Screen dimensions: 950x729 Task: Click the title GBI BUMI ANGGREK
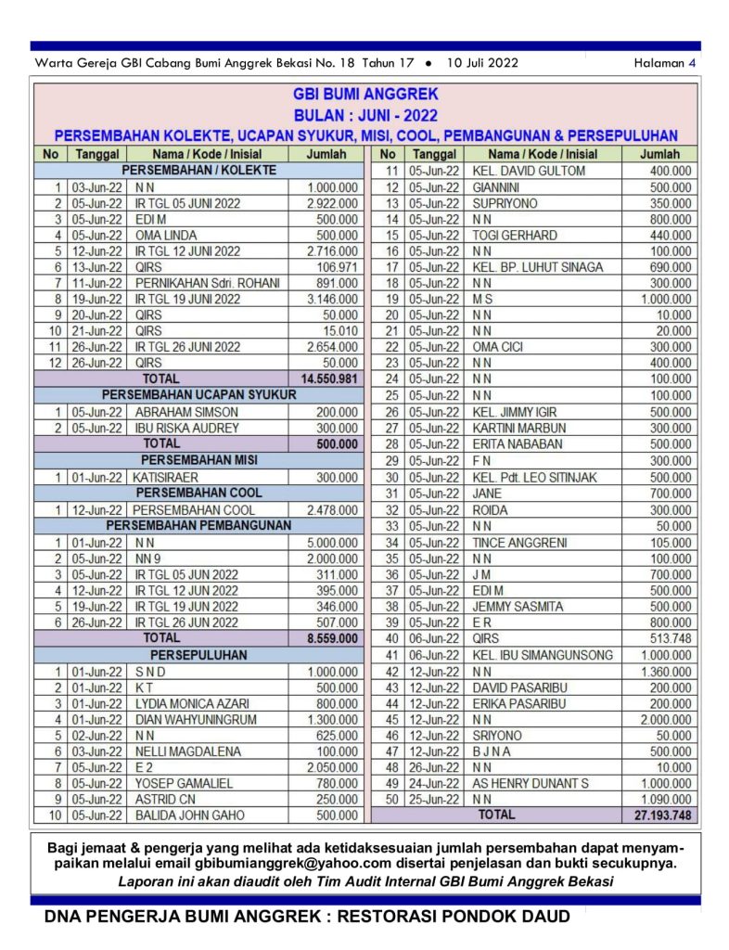tap(365, 95)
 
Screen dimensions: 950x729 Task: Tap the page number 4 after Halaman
tap(691, 63)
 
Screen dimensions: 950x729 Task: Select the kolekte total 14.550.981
tap(329, 379)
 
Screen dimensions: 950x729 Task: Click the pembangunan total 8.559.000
tap(333, 639)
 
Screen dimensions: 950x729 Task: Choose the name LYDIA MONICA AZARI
tap(192, 703)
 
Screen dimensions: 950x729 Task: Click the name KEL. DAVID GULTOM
tap(529, 171)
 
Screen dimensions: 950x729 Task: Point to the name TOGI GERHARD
tap(515, 235)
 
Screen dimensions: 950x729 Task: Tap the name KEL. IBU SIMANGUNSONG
tap(543, 655)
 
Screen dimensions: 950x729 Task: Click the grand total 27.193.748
tap(658, 815)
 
